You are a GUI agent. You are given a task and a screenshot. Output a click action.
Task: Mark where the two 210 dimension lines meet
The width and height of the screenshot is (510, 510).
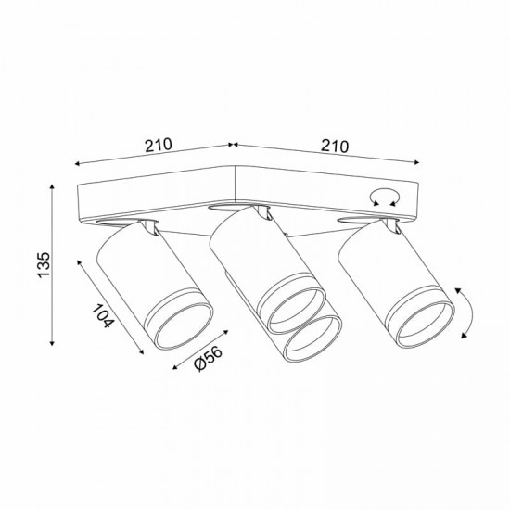[232, 146]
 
